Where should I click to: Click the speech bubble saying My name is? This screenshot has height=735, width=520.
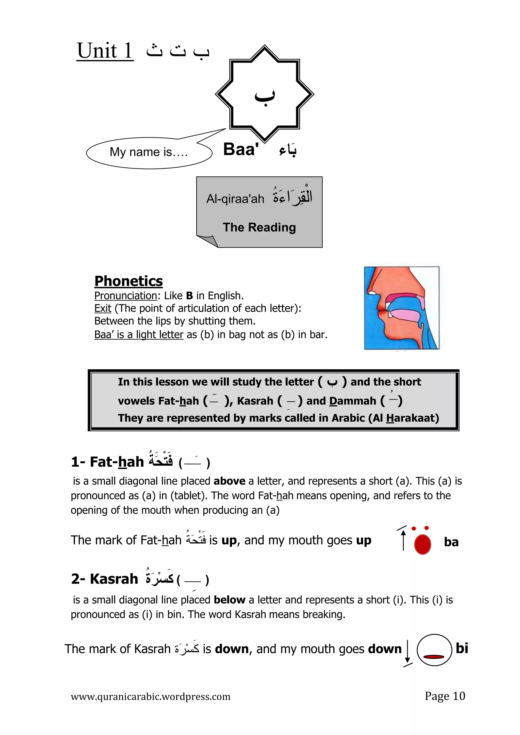click(x=149, y=152)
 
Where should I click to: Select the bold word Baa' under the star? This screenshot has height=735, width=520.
click(x=241, y=149)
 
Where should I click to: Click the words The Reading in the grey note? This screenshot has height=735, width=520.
click(x=259, y=227)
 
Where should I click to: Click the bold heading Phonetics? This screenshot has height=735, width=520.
click(x=128, y=281)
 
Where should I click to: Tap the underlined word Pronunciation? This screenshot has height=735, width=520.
click(x=125, y=295)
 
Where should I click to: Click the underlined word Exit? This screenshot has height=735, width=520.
click(x=103, y=308)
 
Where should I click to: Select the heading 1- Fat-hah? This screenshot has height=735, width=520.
click(x=108, y=462)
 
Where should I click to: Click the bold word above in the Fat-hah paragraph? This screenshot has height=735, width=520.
click(x=229, y=481)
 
